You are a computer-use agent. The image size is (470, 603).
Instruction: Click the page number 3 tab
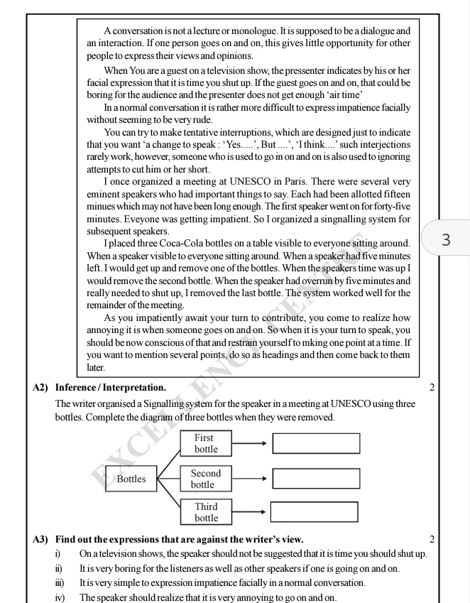pyautogui.click(x=447, y=239)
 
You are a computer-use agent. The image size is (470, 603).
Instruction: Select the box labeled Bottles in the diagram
pyautogui.click(x=131, y=479)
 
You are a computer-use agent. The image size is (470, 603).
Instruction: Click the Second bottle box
pyautogui.click(x=205, y=479)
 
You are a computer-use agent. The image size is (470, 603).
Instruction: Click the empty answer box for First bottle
pyautogui.click(x=316, y=443)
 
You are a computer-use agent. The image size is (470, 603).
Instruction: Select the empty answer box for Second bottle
pyautogui.click(x=316, y=478)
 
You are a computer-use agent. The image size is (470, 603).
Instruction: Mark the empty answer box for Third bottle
pyautogui.click(x=314, y=512)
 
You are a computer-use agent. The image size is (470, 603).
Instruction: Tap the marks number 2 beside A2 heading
pyautogui.click(x=431, y=388)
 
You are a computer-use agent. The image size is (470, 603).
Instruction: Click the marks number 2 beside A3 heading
pyautogui.click(x=431, y=539)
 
